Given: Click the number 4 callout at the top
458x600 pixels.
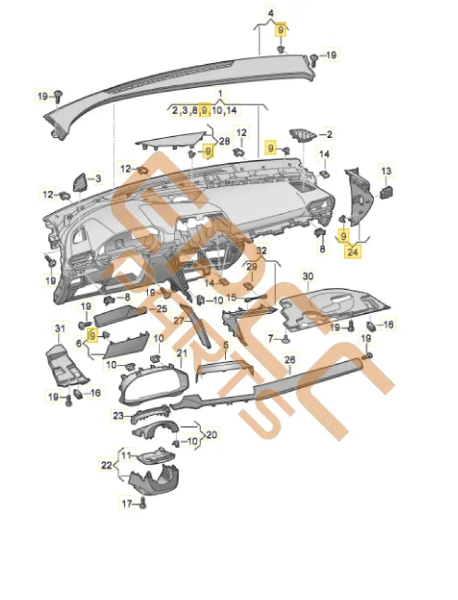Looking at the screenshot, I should (x=270, y=13).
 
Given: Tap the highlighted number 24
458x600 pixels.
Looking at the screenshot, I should (x=353, y=252).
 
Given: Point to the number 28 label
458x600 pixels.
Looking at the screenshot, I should (x=224, y=141).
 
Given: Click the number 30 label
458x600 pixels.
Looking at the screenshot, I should (x=308, y=276).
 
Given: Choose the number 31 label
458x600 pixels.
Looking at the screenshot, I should (x=59, y=328).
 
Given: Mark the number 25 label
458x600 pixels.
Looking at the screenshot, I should (x=161, y=308).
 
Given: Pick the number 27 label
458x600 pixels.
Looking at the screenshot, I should (x=179, y=322).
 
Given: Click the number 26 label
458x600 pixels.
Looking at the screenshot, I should (x=290, y=360).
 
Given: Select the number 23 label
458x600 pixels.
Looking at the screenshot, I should (x=119, y=415).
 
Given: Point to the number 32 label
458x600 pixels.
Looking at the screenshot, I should (x=261, y=249).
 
